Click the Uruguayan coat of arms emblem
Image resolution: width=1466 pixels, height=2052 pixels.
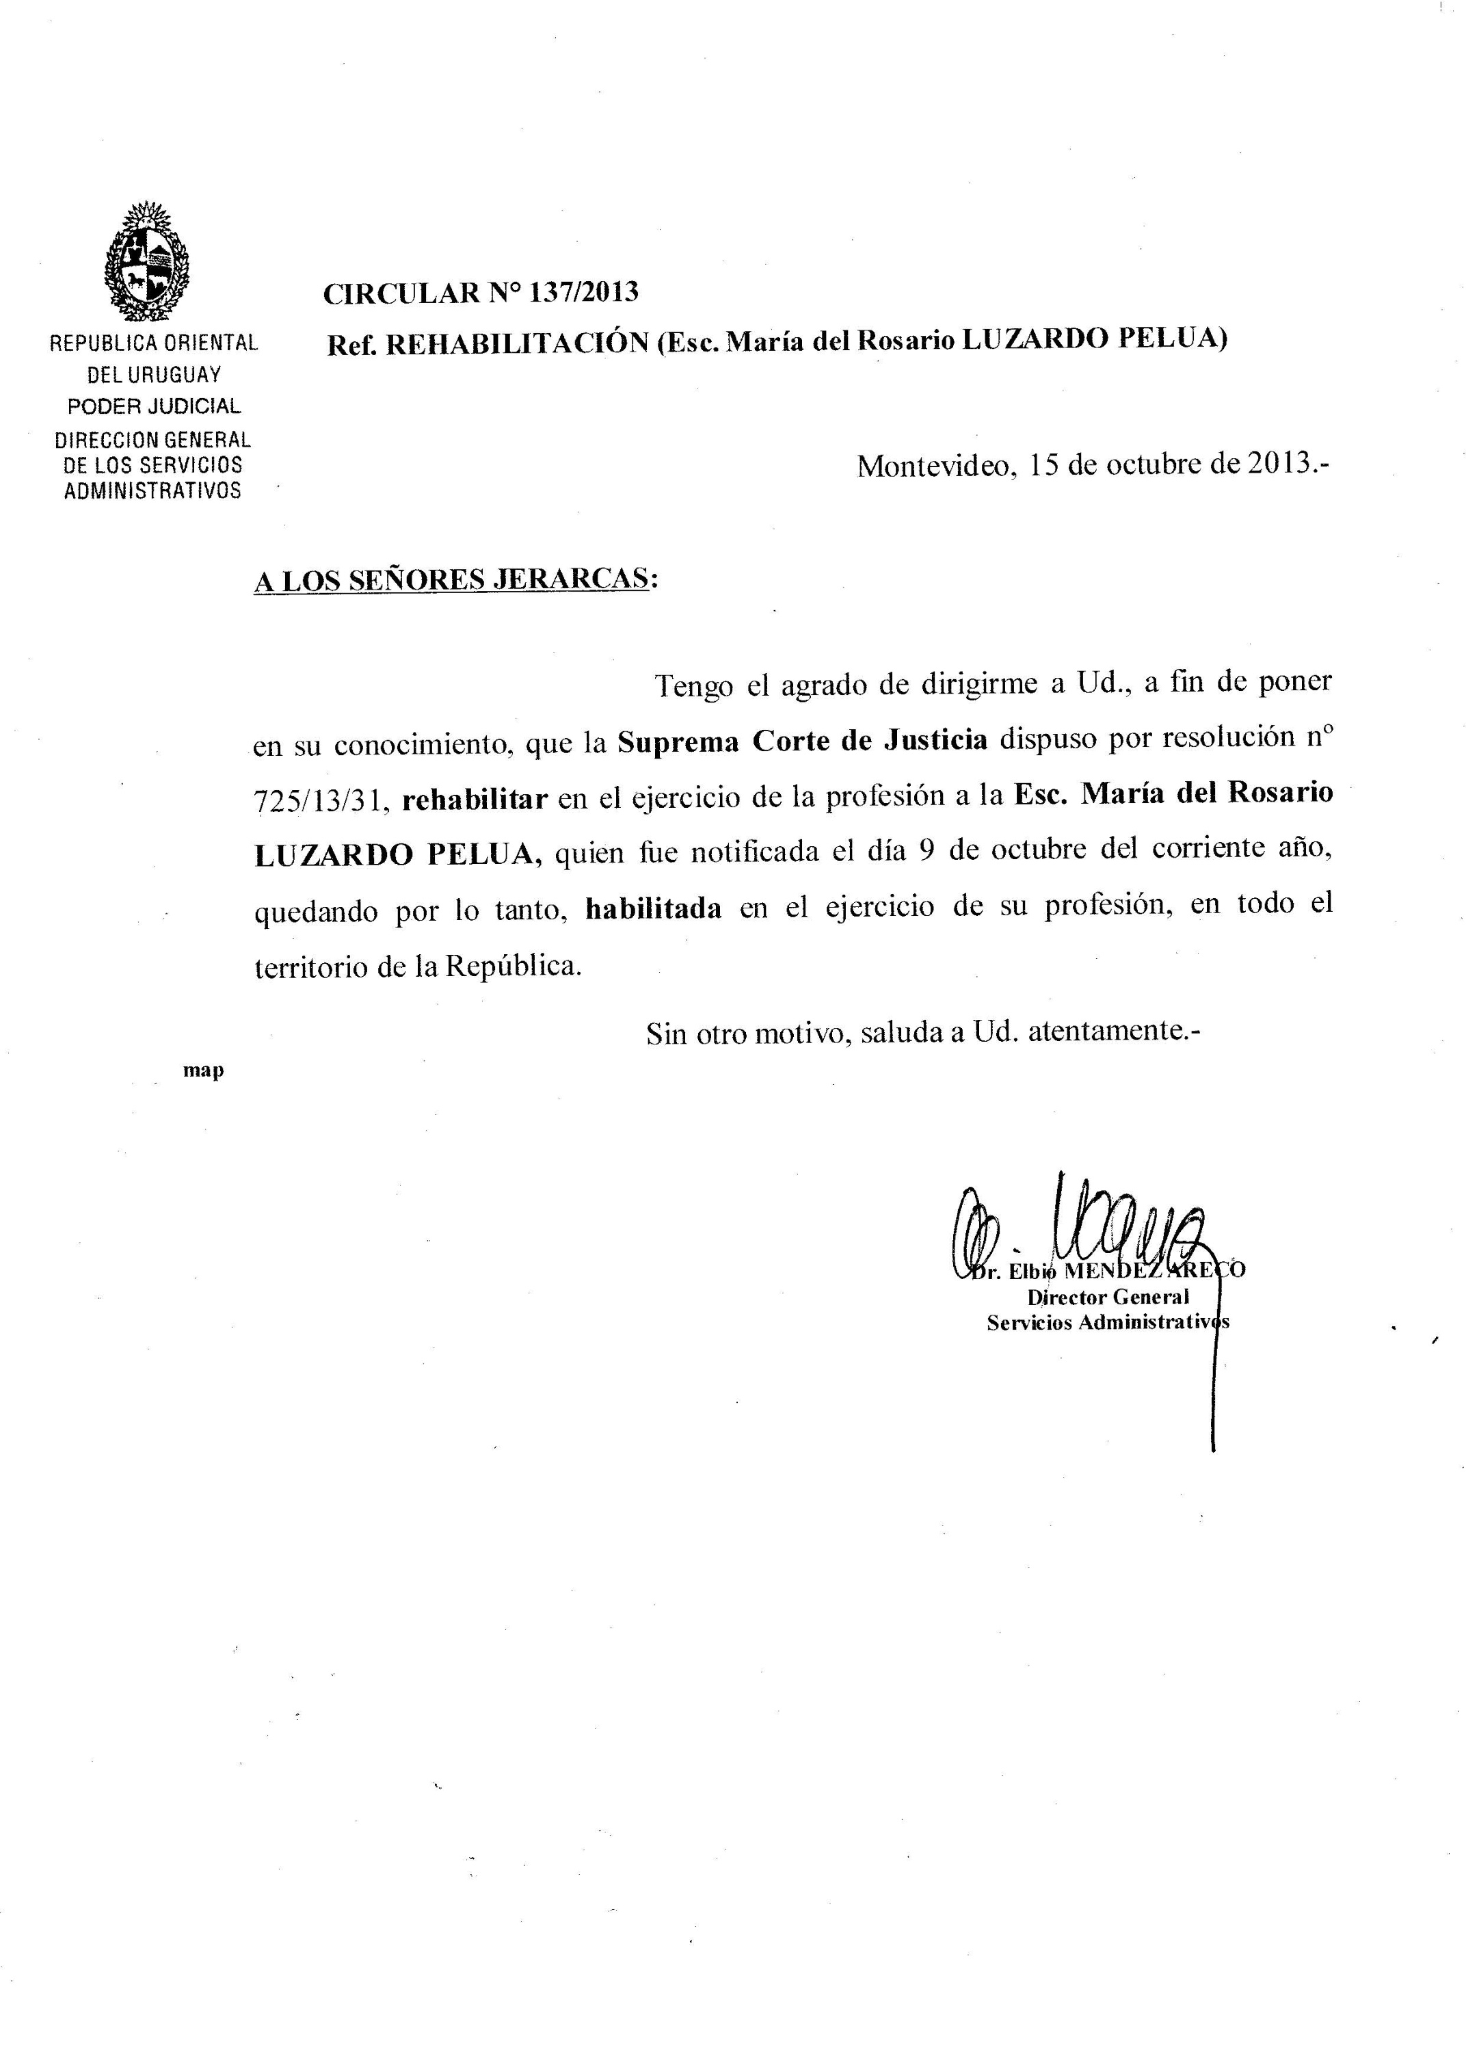pyautogui.click(x=147, y=263)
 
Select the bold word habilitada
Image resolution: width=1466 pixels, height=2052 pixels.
pyautogui.click(x=654, y=908)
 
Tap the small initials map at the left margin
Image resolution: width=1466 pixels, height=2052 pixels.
pyautogui.click(x=204, y=1070)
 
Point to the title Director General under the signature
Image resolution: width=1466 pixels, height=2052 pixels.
pyautogui.click(x=1108, y=1298)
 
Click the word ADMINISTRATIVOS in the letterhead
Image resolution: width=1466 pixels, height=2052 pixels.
pyautogui.click(x=152, y=492)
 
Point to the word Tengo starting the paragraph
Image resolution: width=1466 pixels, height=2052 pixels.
pyautogui.click(x=693, y=685)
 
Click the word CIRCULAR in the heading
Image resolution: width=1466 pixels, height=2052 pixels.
pyautogui.click(x=401, y=293)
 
